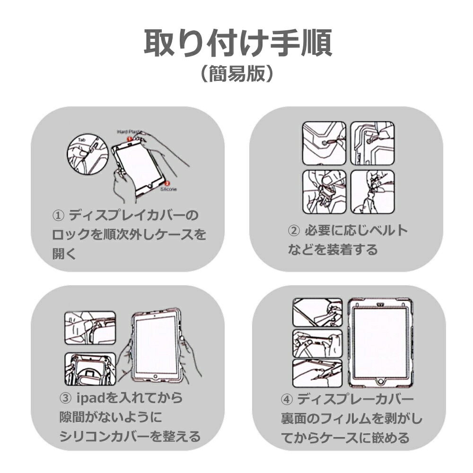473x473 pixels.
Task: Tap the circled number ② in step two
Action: coord(294,231)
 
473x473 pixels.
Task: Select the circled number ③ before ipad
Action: coord(66,398)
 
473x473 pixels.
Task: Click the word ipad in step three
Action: coord(90,398)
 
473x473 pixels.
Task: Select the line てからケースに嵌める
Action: coord(345,438)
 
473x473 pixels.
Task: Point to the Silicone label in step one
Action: coord(169,189)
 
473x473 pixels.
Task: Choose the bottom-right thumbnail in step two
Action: coord(372,191)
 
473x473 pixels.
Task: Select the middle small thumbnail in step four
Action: coord(317,343)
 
